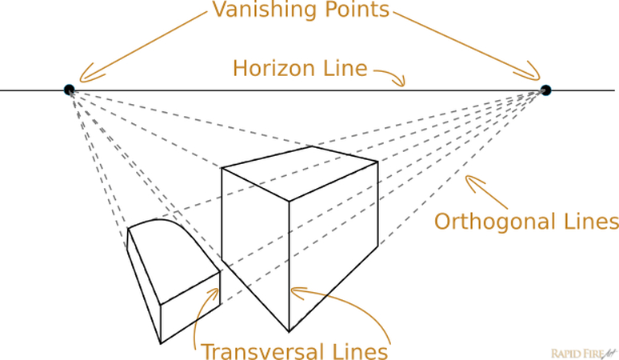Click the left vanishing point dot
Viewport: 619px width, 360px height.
tap(70, 90)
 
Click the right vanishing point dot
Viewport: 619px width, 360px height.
tap(545, 90)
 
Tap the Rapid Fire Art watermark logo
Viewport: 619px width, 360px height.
tap(581, 350)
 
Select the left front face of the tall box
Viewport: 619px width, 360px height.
tap(254, 240)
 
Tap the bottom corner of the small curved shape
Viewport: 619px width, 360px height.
tap(161, 342)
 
